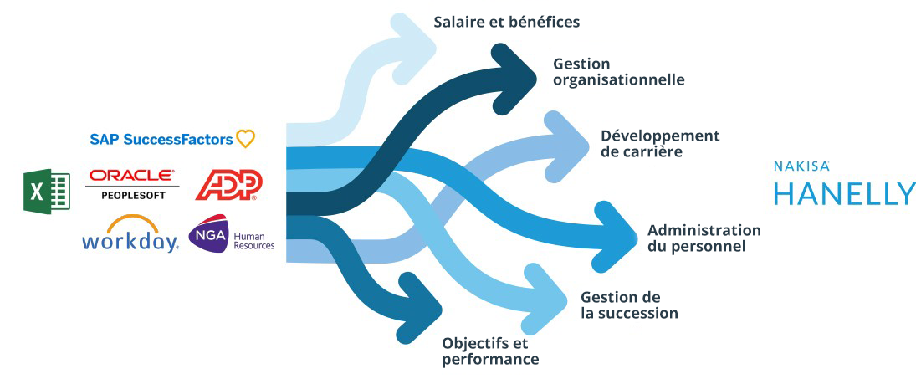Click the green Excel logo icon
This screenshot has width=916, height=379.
point(46,191)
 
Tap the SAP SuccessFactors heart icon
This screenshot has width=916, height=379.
point(245,139)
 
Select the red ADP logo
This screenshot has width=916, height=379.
point(228,185)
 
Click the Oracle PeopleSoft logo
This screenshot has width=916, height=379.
point(133,184)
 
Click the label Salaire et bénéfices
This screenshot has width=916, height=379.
point(506,22)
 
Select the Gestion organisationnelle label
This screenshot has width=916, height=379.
point(618,72)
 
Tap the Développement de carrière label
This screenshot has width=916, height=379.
point(659,143)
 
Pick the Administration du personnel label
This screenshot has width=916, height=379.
point(704,238)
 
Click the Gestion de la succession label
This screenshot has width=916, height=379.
point(628,305)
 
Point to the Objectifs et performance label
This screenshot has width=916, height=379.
point(489,351)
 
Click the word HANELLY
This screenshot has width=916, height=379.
point(844,193)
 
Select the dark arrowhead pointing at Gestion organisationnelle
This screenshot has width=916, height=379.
point(517,73)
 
